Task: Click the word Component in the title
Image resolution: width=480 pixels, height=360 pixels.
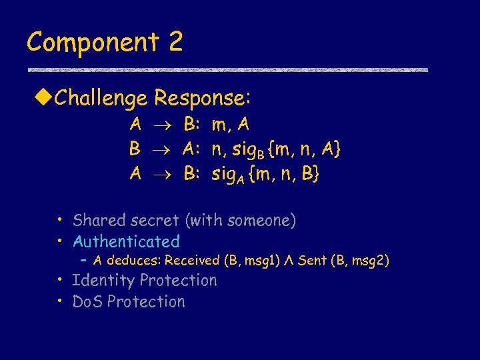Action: [x=93, y=43]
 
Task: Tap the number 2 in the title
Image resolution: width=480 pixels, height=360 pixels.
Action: [x=175, y=41]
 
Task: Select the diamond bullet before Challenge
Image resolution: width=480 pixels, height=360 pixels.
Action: [x=43, y=99]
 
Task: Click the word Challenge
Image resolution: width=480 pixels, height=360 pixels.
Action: [x=101, y=99]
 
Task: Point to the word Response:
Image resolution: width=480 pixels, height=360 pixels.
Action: [x=202, y=99]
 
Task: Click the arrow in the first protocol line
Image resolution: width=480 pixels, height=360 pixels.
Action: [x=163, y=125]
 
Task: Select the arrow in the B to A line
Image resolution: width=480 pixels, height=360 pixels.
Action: [x=163, y=150]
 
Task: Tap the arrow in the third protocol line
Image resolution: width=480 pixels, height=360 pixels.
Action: [x=163, y=175]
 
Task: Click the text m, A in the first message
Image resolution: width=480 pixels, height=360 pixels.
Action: [x=231, y=125]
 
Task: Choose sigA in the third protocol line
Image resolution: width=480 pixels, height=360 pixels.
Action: [x=227, y=175]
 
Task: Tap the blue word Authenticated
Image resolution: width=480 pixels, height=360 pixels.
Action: [x=126, y=241]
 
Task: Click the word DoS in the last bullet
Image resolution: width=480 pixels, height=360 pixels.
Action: [x=87, y=301]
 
